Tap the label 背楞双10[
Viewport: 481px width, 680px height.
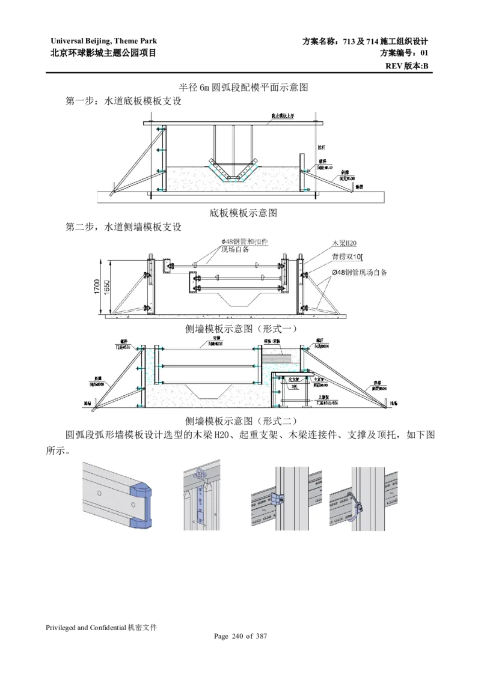pyautogui.click(x=348, y=257)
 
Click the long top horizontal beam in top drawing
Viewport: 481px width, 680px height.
pyautogui.click(x=234, y=123)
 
